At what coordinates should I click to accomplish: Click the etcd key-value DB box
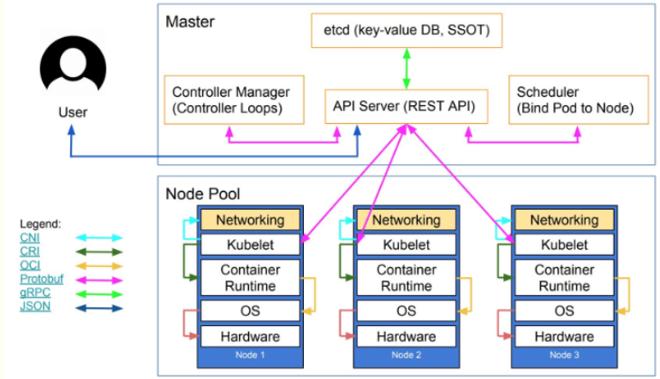pyautogui.click(x=407, y=30)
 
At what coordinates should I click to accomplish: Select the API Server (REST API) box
pyautogui.click(x=406, y=106)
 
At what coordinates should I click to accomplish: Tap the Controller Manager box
pyautogui.click(x=234, y=100)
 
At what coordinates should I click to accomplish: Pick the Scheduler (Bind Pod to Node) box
pyautogui.click(x=579, y=100)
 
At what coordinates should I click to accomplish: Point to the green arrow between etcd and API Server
pyautogui.click(x=407, y=68)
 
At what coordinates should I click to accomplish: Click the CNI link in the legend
pyautogui.click(x=30, y=238)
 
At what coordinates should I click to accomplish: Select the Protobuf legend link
pyautogui.click(x=42, y=279)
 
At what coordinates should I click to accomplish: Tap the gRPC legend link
pyautogui.click(x=35, y=293)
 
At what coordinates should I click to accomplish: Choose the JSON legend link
pyautogui.click(x=35, y=306)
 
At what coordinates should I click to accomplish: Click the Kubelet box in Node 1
pyautogui.click(x=250, y=245)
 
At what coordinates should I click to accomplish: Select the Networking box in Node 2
pyautogui.click(x=406, y=220)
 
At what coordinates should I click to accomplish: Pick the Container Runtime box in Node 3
pyautogui.click(x=564, y=278)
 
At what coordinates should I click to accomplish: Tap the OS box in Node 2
pyautogui.click(x=406, y=311)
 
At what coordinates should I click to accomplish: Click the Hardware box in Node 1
pyautogui.click(x=250, y=336)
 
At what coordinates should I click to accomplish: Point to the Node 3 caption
pyautogui.click(x=564, y=355)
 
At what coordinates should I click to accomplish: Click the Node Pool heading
pyautogui.click(x=203, y=194)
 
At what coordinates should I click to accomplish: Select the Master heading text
pyautogui.click(x=190, y=22)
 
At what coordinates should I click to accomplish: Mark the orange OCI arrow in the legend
pyautogui.click(x=99, y=266)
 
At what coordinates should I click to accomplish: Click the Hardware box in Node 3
pyautogui.click(x=564, y=336)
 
